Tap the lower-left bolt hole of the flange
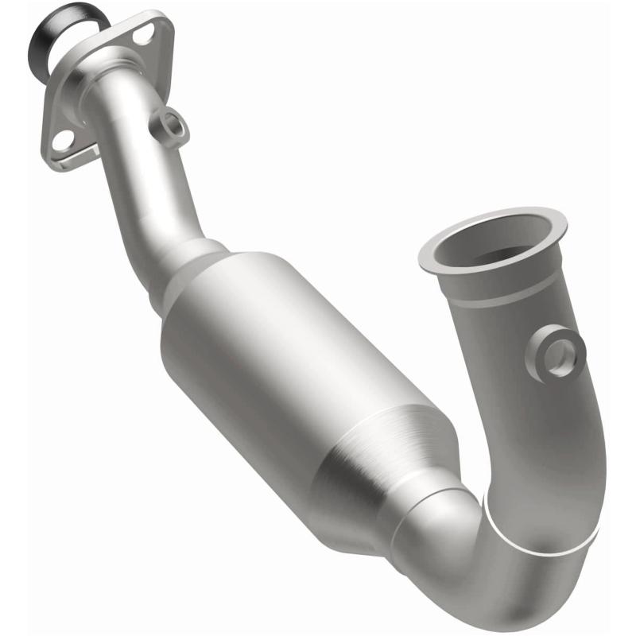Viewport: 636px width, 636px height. (60, 141)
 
